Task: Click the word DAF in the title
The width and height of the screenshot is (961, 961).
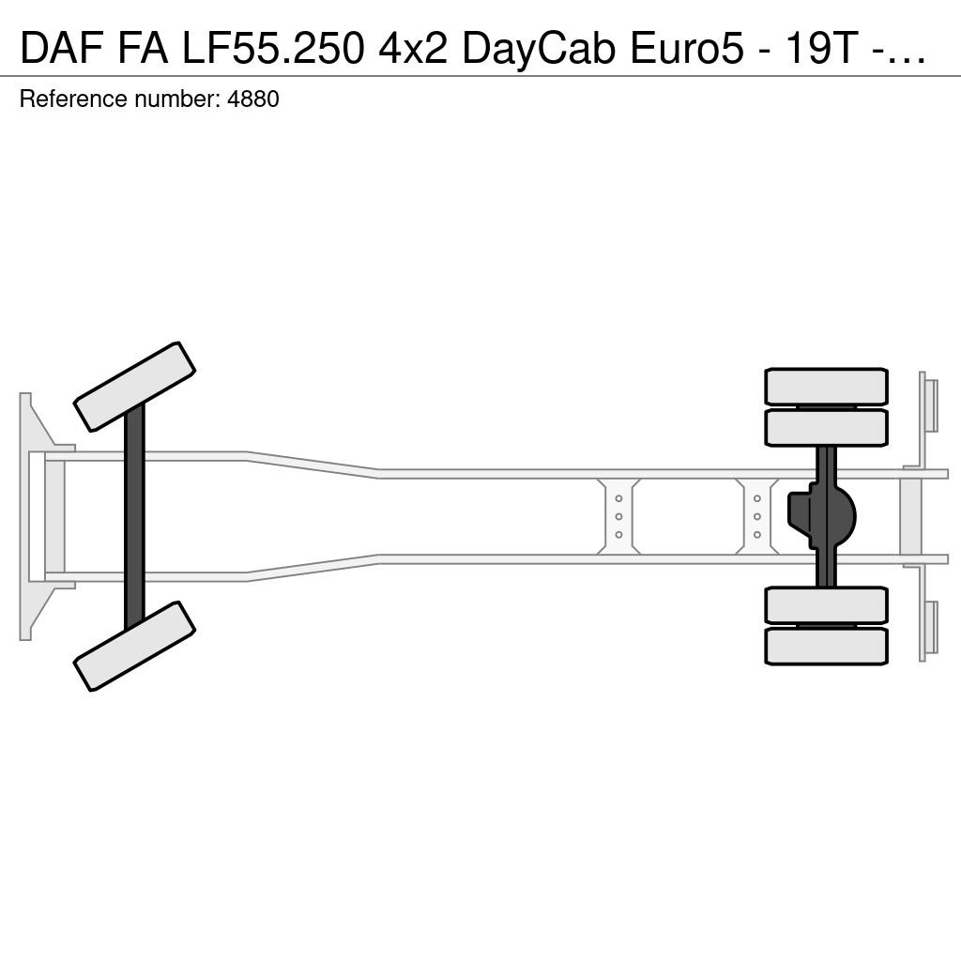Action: pyautogui.click(x=60, y=49)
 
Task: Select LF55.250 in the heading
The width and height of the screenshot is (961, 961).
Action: pyautogui.click(x=273, y=49)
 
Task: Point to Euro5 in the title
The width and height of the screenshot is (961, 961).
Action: pyautogui.click(x=687, y=49)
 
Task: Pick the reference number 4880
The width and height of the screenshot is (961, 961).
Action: pyautogui.click(x=253, y=99)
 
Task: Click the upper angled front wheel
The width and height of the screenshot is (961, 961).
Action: pyautogui.click(x=134, y=386)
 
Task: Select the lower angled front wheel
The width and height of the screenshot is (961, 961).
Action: pyautogui.click(x=134, y=646)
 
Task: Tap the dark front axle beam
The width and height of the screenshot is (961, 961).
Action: pyautogui.click(x=134, y=517)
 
